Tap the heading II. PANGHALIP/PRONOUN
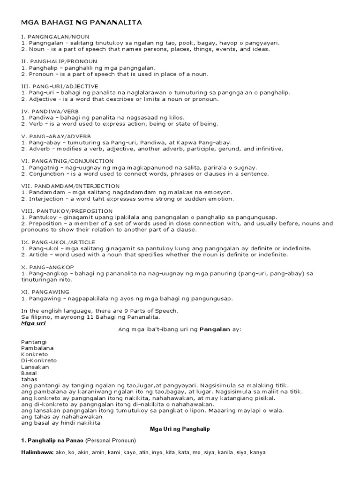[x=59, y=61]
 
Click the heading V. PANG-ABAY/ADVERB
[x=57, y=136]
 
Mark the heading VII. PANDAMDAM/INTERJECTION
[x=71, y=186]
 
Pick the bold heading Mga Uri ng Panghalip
[x=180, y=429]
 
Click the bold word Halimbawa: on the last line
[x=37, y=453]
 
